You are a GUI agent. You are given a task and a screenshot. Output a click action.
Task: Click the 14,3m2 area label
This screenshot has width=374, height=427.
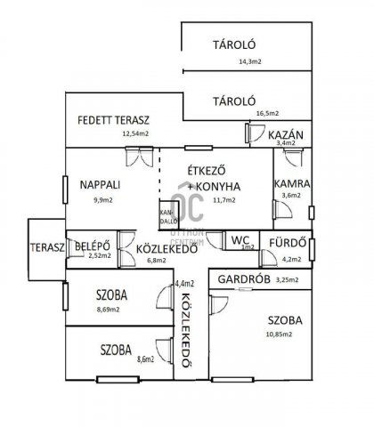tap(249, 61)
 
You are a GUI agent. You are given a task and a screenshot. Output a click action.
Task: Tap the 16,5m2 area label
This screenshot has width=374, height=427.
tap(266, 113)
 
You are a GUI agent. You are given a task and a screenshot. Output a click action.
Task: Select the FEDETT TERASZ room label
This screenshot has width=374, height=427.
tap(113, 119)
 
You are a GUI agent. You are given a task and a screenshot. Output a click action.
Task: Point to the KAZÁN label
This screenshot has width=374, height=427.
tap(286, 134)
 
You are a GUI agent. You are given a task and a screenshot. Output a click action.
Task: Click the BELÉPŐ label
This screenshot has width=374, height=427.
tap(93, 245)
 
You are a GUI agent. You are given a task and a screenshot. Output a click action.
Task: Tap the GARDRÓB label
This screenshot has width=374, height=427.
tap(243, 279)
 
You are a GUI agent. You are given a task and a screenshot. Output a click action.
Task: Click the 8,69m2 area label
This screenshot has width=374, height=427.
tap(113, 309)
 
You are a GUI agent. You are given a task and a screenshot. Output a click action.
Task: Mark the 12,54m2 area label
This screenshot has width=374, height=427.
tap(137, 134)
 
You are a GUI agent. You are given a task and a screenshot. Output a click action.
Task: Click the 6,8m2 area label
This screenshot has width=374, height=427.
tap(156, 262)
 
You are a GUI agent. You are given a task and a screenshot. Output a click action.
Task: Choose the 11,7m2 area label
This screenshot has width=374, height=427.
tap(222, 200)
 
